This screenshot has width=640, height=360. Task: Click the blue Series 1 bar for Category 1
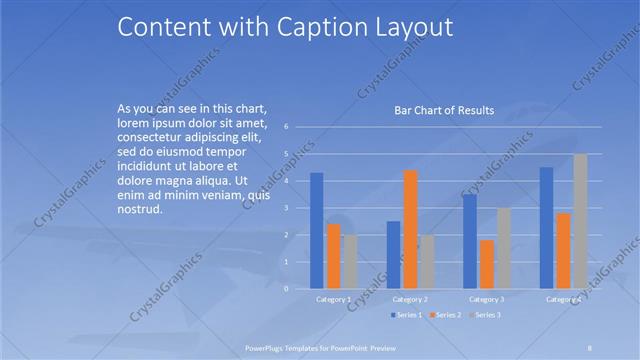[x=316, y=230]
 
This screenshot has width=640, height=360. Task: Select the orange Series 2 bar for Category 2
[x=410, y=229]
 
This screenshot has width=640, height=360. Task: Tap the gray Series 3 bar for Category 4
[x=580, y=221]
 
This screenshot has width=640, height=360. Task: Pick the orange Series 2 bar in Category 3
[x=487, y=264]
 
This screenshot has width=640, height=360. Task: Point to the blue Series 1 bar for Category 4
[x=546, y=227]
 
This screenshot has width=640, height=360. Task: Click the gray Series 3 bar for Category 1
[x=350, y=261]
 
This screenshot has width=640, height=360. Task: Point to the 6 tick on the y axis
[x=286, y=127]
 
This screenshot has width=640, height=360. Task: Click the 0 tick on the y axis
[x=286, y=288]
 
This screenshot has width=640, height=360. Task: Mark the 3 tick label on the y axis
[x=286, y=208]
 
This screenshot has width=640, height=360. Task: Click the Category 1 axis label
[x=333, y=299]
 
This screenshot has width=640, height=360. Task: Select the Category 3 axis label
[x=487, y=299]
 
